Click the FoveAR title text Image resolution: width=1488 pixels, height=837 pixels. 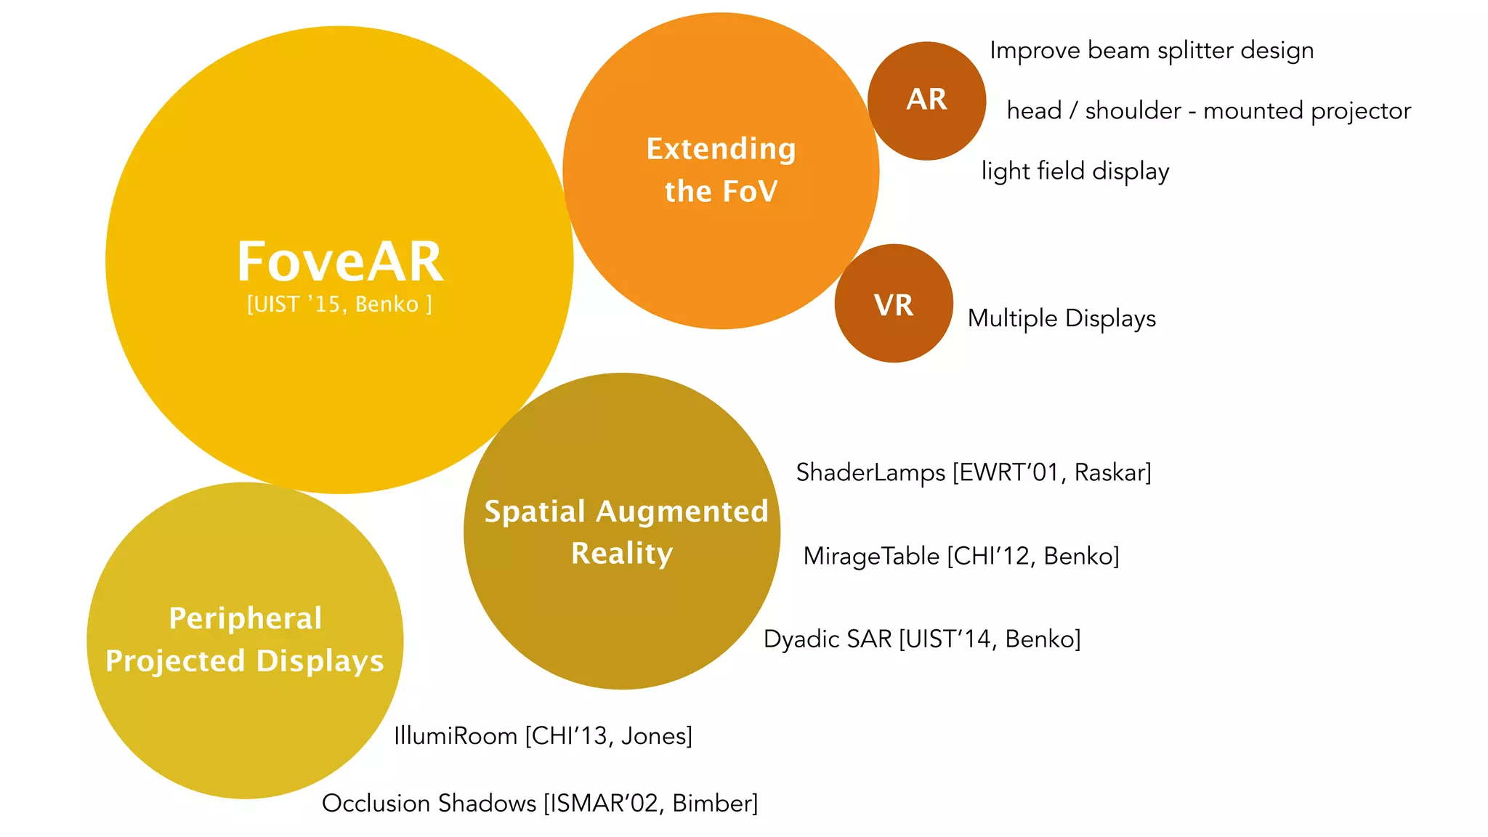pyautogui.click(x=340, y=262)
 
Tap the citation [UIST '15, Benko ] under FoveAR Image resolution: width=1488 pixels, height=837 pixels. pyautogui.click(x=339, y=304)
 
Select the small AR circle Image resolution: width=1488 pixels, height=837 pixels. pyautogui.click(x=926, y=100)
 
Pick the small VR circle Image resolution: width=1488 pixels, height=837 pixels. pyautogui.click(x=894, y=304)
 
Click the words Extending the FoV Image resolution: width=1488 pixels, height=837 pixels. pyautogui.click(x=721, y=170)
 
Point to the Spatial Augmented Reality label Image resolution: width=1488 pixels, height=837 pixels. pyautogui.click(x=625, y=532)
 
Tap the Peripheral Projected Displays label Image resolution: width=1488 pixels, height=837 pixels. pyautogui.click(x=245, y=639)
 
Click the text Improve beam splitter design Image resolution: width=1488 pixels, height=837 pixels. pyautogui.click(x=1152, y=51)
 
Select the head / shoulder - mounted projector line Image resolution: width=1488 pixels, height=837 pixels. pyautogui.click(x=1208, y=111)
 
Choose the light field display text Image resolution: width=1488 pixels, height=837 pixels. pyautogui.click(x=1075, y=171)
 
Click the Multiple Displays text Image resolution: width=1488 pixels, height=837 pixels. pyautogui.click(x=1062, y=318)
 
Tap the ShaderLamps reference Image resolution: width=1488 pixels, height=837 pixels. pyautogui.click(x=974, y=473)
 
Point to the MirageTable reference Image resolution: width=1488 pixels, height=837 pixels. pyautogui.click(x=961, y=557)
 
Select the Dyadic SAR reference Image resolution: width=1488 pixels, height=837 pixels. pyautogui.click(x=922, y=639)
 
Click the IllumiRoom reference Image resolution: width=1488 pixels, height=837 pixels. pyautogui.click(x=543, y=736)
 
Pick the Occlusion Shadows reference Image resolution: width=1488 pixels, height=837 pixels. pyautogui.click(x=540, y=804)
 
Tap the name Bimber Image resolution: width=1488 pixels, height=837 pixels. pyautogui.click(x=713, y=804)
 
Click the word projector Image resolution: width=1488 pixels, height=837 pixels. pyautogui.click(x=1361, y=111)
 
